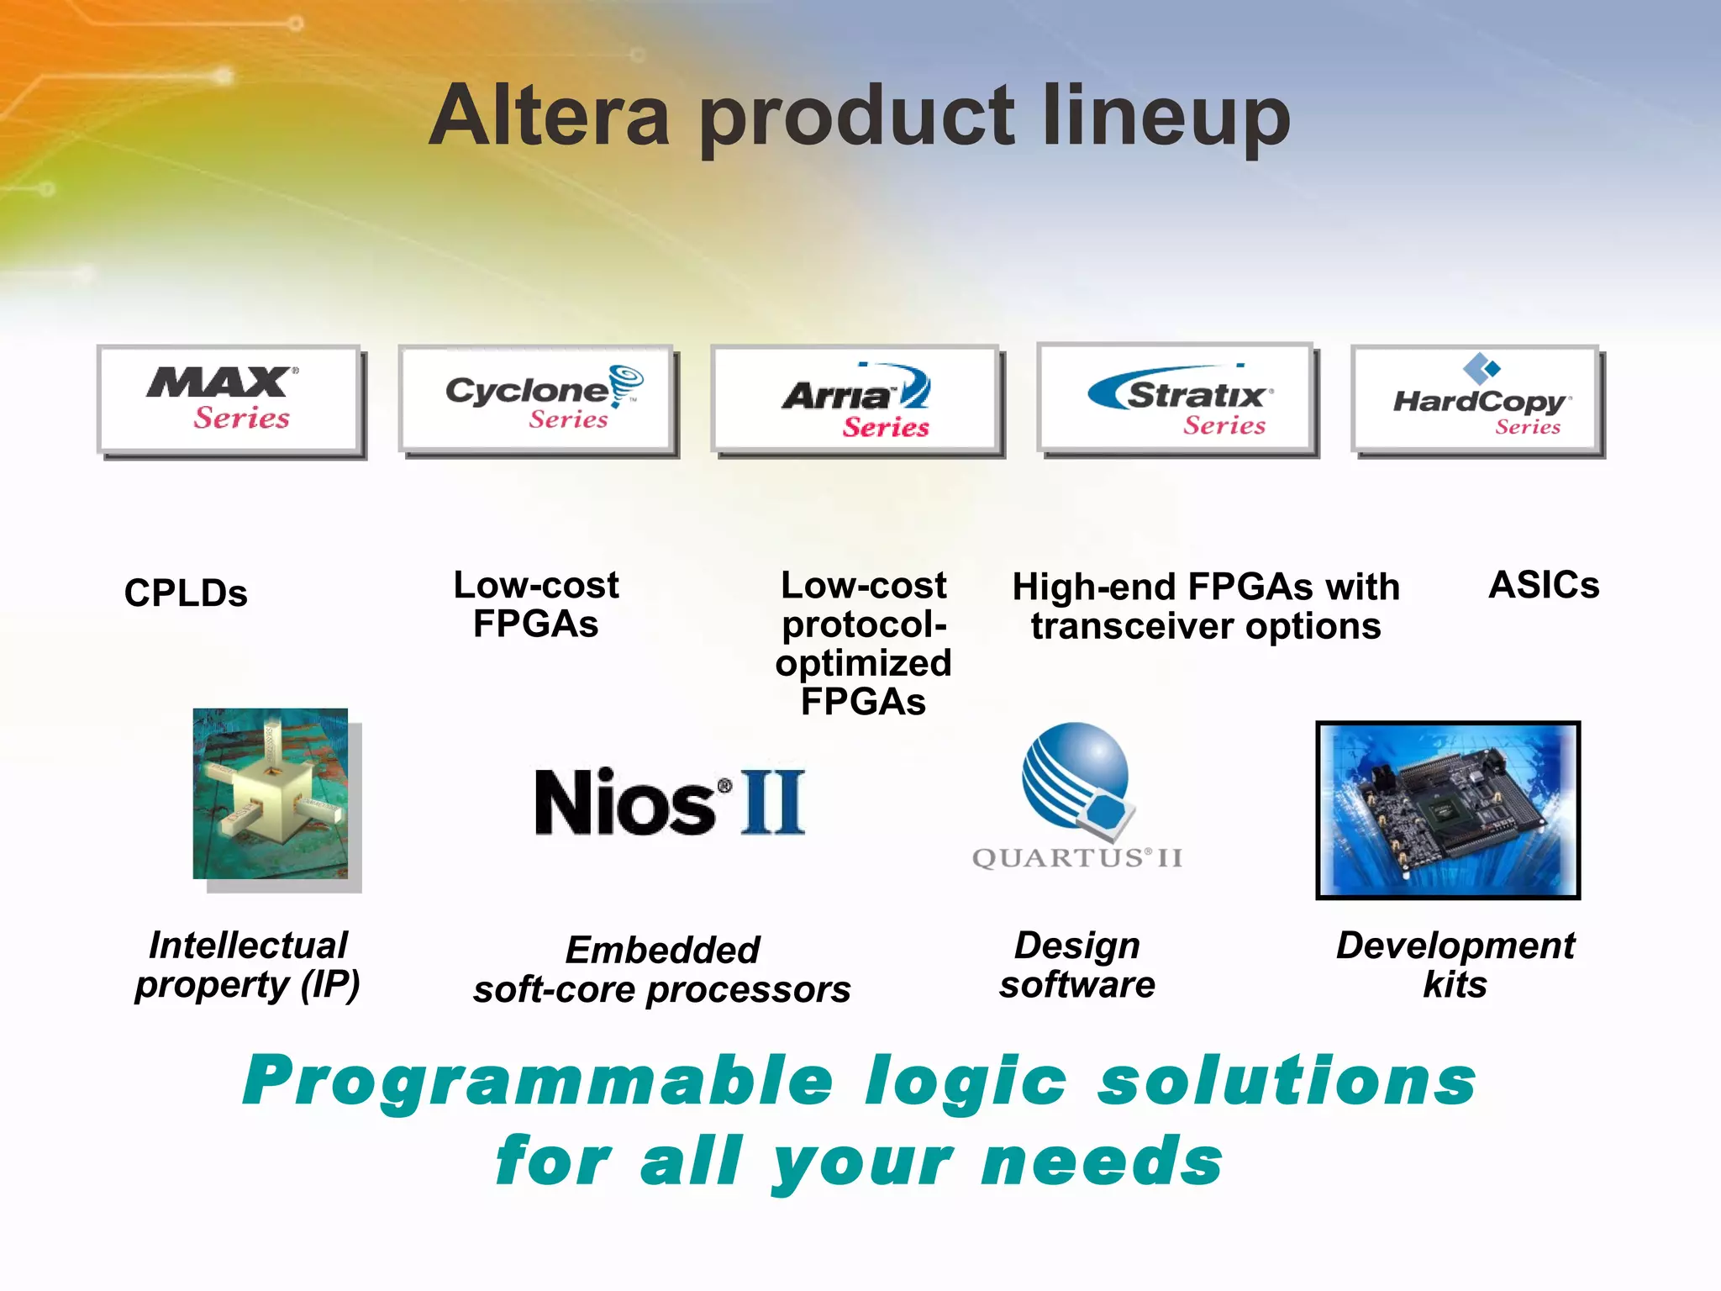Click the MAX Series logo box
[x=229, y=400]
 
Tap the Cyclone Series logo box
[x=537, y=400]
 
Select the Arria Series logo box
[x=855, y=400]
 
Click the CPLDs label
[x=186, y=593]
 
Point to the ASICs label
[x=1543, y=585]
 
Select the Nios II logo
[x=670, y=802]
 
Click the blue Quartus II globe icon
[x=1076, y=777]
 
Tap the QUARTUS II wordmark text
[x=1076, y=858]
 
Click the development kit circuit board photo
[x=1447, y=810]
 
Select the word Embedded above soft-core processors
[x=662, y=951]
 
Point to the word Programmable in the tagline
[x=538, y=1083]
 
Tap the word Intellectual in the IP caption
[x=248, y=946]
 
